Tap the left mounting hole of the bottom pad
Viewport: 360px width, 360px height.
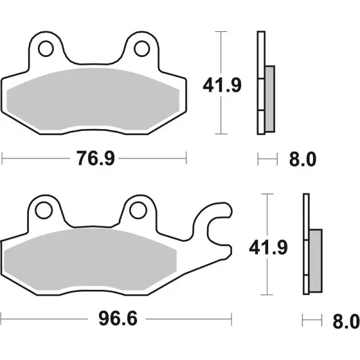43,209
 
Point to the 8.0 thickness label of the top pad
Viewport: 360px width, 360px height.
302,159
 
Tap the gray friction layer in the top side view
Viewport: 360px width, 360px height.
270,98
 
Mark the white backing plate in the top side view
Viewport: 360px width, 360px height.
260,54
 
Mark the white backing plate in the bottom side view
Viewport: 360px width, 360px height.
306,216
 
